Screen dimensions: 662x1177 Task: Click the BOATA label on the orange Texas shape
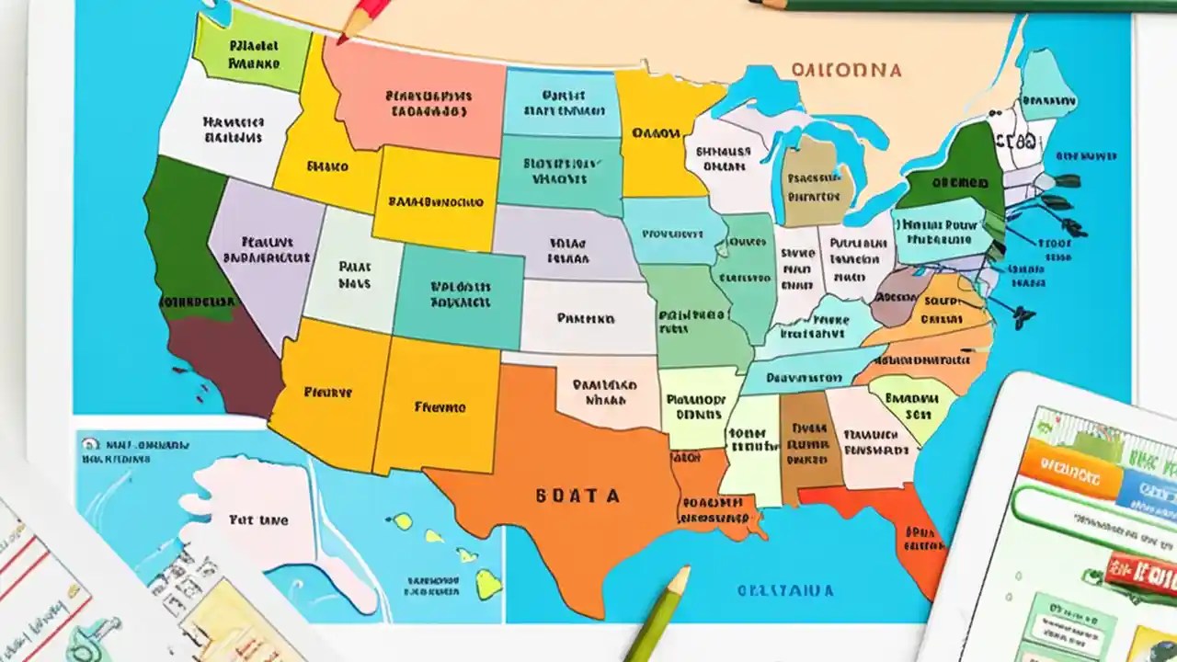tap(577, 496)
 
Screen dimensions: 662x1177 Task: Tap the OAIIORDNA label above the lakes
tap(845, 70)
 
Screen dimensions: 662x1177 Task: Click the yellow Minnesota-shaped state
tap(657, 133)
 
